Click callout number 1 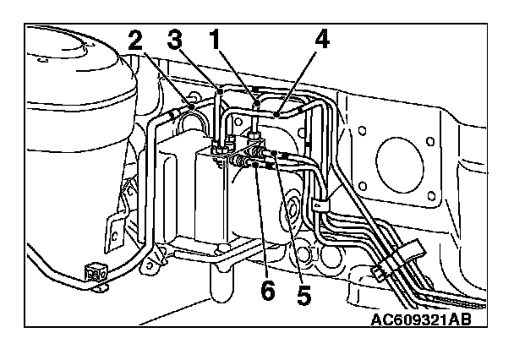point(215,39)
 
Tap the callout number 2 point(135,40)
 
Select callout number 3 point(175,40)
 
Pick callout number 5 point(303,295)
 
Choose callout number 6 point(268,290)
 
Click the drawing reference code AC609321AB point(421,319)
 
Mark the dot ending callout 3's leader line point(220,90)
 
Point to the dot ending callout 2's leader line point(192,106)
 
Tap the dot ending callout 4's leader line point(277,114)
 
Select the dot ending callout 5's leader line point(275,154)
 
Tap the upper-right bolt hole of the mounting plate point(431,142)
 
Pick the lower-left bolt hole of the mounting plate point(363,186)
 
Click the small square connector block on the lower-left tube point(96,271)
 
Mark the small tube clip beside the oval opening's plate point(320,203)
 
